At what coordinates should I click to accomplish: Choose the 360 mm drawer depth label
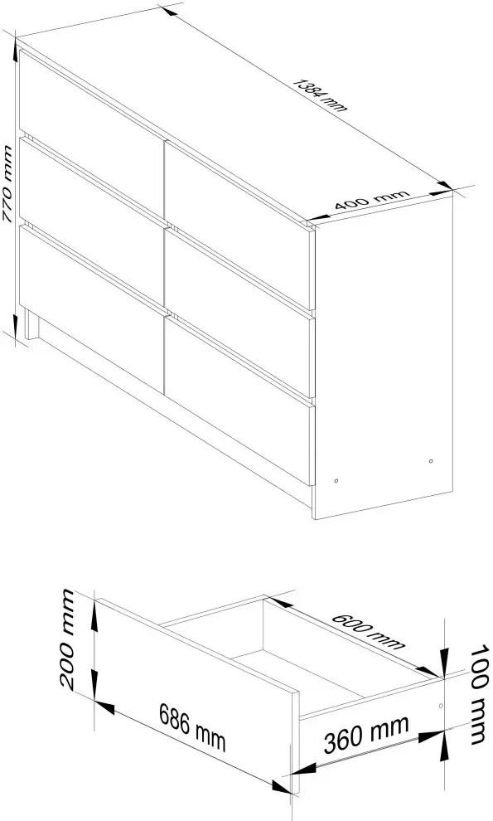pos(366,734)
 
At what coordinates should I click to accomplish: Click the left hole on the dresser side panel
pos(336,480)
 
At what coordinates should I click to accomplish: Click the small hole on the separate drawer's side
pos(441,706)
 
